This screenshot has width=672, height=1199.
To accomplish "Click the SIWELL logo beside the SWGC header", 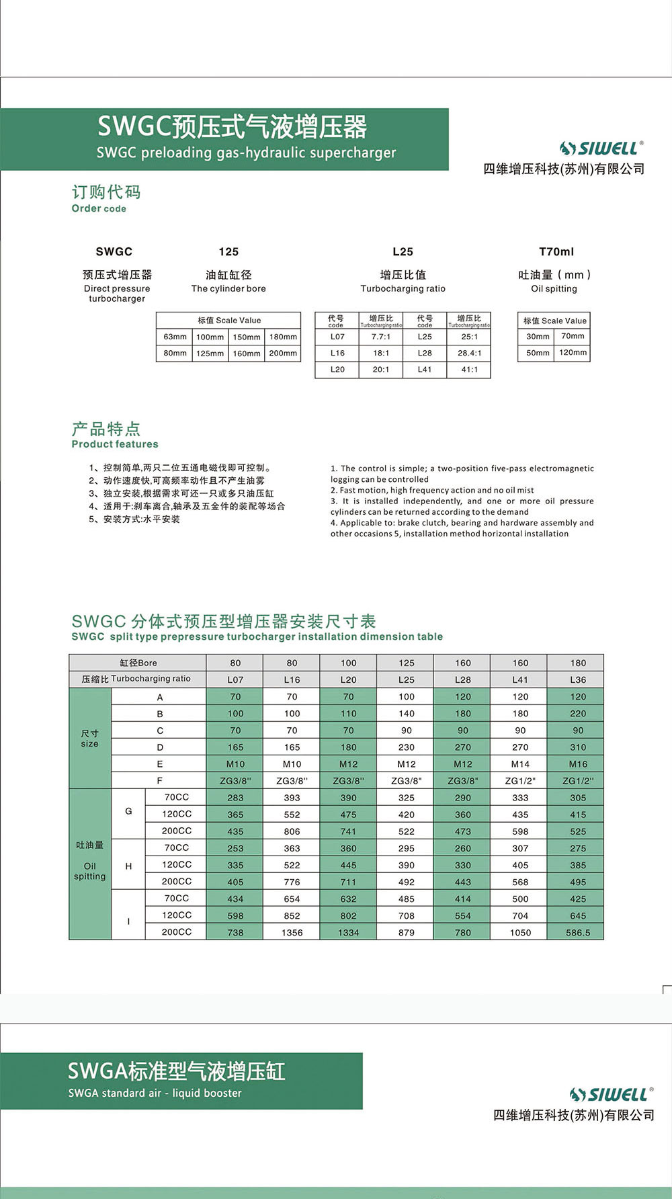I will click(x=601, y=148).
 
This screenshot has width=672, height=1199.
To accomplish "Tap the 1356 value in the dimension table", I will click(x=292, y=932).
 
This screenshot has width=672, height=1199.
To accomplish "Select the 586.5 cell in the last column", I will click(x=578, y=932).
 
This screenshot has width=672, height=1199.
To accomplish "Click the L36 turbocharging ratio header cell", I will click(x=578, y=679).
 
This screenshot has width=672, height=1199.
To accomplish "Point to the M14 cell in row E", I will click(x=520, y=764).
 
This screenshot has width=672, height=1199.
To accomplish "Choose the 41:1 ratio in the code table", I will click(x=469, y=370).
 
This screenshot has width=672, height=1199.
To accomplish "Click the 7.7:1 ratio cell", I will click(x=381, y=337).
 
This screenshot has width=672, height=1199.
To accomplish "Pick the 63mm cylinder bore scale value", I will click(x=175, y=337).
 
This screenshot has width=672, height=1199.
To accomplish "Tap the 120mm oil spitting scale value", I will click(x=573, y=352).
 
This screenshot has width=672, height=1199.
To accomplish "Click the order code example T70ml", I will click(x=556, y=252).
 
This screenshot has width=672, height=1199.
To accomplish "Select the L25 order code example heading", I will click(x=403, y=252).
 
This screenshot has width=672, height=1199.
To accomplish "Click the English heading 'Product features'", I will click(x=115, y=444).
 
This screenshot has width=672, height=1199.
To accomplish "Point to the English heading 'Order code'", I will click(x=99, y=208).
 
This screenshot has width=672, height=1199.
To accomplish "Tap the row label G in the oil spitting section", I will click(x=128, y=812).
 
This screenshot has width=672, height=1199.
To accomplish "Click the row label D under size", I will click(x=160, y=747).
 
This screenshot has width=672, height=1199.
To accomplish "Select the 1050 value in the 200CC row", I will click(x=520, y=932).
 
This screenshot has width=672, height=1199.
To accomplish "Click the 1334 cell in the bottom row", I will click(x=348, y=932).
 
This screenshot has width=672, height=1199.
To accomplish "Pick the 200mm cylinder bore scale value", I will click(x=283, y=353).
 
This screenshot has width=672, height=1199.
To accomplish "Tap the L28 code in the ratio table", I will click(x=425, y=353).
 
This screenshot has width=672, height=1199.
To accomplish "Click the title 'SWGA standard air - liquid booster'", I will click(x=155, y=1093).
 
